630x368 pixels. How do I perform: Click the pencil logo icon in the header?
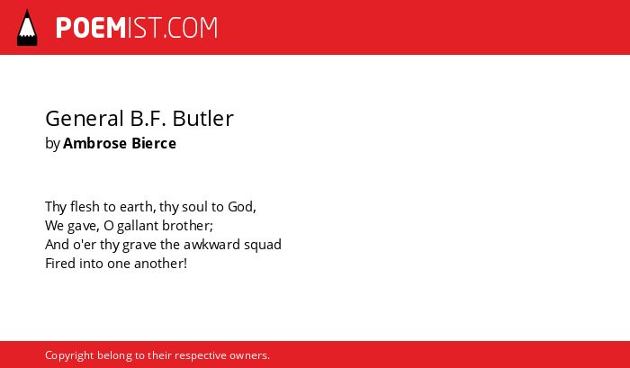[x=27, y=27]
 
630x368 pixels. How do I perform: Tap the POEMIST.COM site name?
[x=137, y=28]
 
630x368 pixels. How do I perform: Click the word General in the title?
[x=85, y=119]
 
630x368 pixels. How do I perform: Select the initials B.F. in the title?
[x=148, y=119]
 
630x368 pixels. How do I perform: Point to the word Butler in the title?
[x=202, y=119]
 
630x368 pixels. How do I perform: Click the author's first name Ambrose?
[x=94, y=143]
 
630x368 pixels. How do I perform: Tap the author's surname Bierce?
[x=154, y=143]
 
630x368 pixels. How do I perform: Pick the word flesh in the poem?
[x=85, y=207]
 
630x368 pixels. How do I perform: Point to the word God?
[x=242, y=207]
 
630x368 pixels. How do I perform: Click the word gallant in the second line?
[x=138, y=226]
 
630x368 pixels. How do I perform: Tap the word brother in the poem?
[x=187, y=226]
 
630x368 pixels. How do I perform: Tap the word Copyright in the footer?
[x=69, y=355]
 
